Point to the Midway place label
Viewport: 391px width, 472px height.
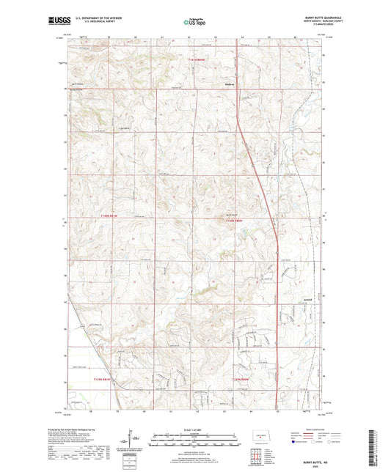point(228,84)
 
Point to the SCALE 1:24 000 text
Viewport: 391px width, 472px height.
point(195,428)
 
